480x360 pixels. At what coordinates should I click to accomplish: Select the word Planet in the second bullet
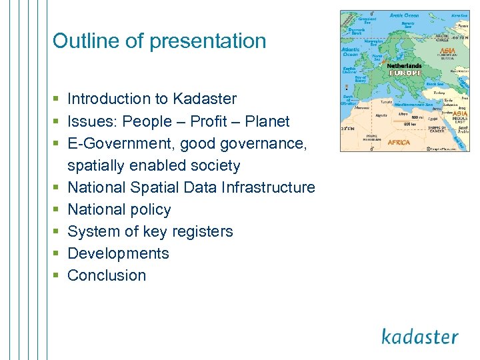point(267,121)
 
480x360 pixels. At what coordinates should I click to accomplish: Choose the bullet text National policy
point(119,209)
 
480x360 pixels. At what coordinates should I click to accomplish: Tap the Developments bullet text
point(118,253)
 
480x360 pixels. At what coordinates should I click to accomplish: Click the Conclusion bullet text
point(107,275)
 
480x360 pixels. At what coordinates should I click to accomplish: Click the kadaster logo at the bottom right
point(420,336)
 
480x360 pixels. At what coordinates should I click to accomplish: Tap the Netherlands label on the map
point(404,66)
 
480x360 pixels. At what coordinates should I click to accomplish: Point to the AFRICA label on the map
point(399,142)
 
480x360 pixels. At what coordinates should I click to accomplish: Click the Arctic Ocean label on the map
point(404,15)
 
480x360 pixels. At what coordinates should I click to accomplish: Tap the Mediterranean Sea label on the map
point(414,105)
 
